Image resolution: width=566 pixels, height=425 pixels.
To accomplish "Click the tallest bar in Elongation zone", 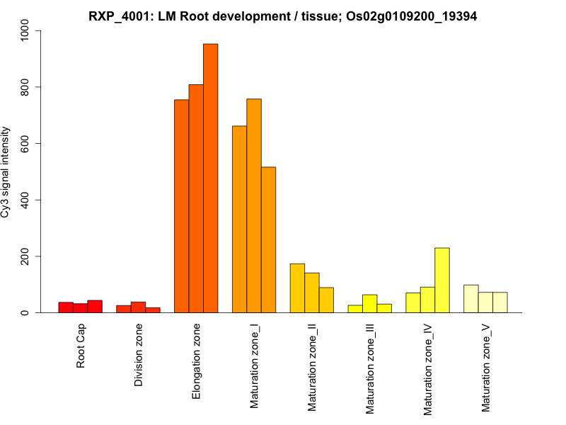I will pyautogui.click(x=211, y=178).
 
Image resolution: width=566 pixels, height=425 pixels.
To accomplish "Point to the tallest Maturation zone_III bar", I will pyautogui.click(x=369, y=303).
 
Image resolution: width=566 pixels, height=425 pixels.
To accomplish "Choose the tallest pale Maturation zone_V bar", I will pyautogui.click(x=471, y=298).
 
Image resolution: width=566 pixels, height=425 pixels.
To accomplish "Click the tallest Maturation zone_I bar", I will pyautogui.click(x=254, y=205).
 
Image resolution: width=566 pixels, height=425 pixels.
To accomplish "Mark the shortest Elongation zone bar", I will pyautogui.click(x=182, y=206).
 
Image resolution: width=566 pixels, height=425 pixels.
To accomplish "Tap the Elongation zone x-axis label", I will pyautogui.click(x=197, y=361).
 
